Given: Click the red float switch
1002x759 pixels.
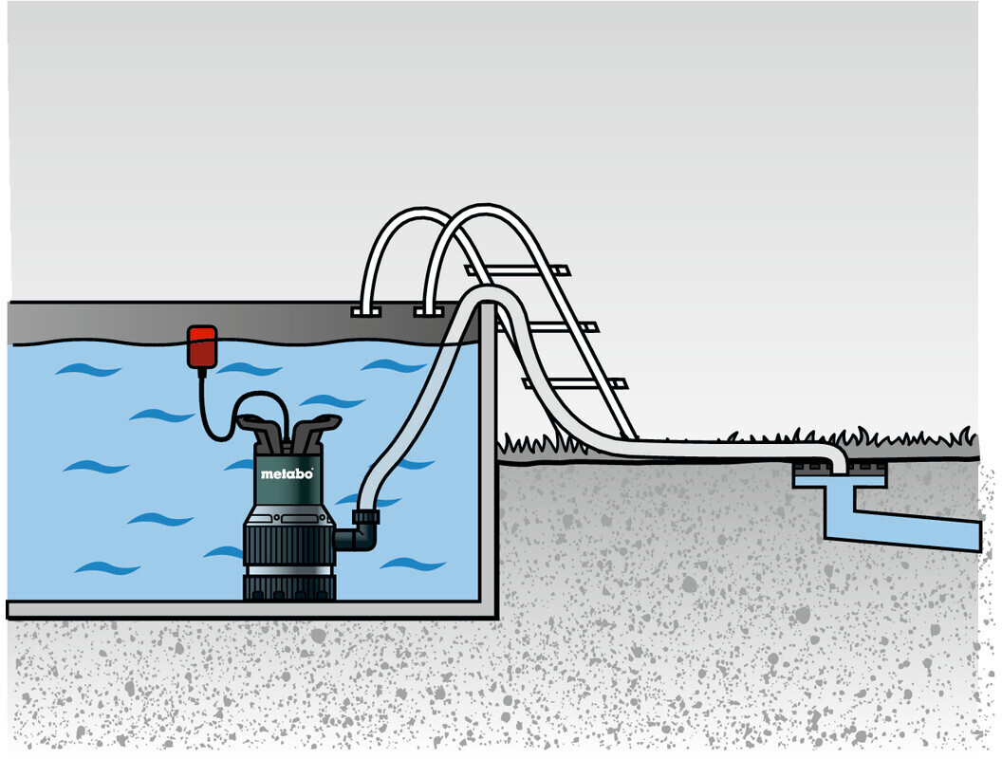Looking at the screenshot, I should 202,346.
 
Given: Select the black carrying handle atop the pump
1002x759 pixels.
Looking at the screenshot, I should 288,432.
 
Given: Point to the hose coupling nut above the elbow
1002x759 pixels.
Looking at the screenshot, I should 365,517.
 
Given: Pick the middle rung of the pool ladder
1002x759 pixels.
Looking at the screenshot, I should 560,327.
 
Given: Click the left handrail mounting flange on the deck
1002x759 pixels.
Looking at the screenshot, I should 364,310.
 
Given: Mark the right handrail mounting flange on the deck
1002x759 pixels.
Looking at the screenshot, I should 428,310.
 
